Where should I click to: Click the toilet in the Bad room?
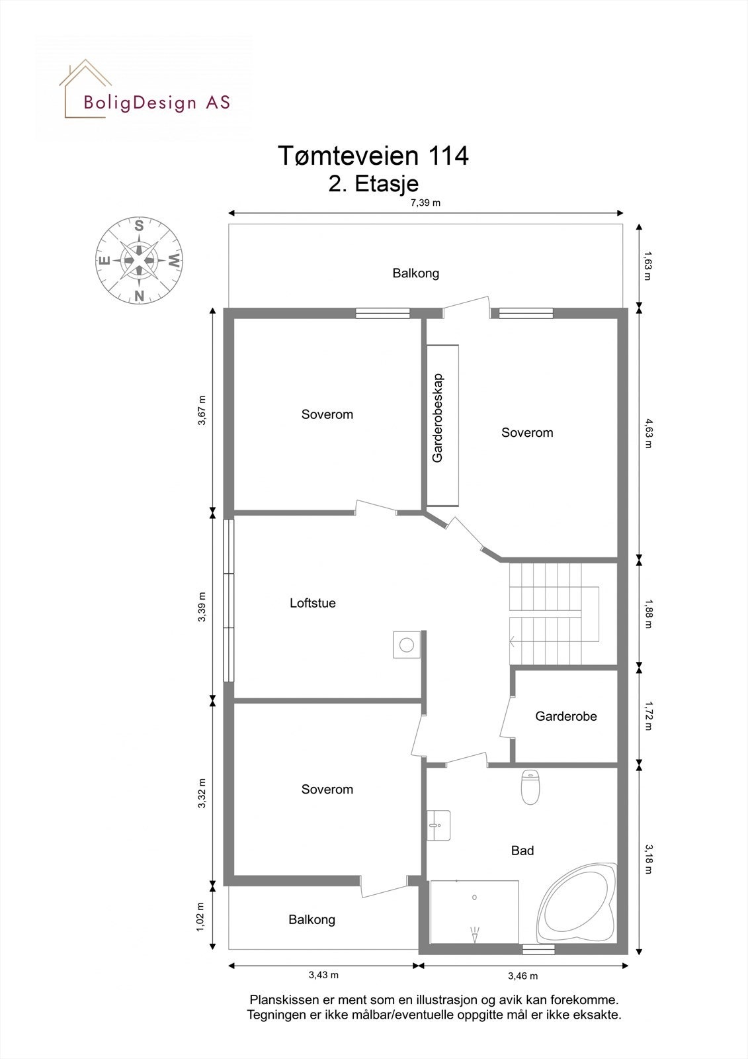(x=530, y=786)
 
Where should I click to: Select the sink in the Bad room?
(x=438, y=825)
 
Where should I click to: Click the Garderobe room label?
(x=566, y=716)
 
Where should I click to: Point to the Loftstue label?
(x=313, y=603)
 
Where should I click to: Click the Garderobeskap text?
(x=438, y=418)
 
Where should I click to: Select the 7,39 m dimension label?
(x=425, y=203)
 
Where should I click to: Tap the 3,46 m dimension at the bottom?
(x=522, y=976)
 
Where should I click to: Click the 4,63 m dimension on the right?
(x=649, y=433)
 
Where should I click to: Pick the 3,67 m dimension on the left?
(x=202, y=412)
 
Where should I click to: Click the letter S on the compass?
(x=139, y=226)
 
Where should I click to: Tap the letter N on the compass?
(x=139, y=296)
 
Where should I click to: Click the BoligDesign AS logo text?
(x=157, y=103)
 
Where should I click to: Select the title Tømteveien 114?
(x=373, y=156)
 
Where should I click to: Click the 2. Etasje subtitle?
(x=374, y=183)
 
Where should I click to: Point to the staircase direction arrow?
(x=513, y=640)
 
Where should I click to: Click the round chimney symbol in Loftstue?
(x=407, y=644)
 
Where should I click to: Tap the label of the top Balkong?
(x=415, y=273)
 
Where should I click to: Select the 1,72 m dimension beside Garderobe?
(x=649, y=715)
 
